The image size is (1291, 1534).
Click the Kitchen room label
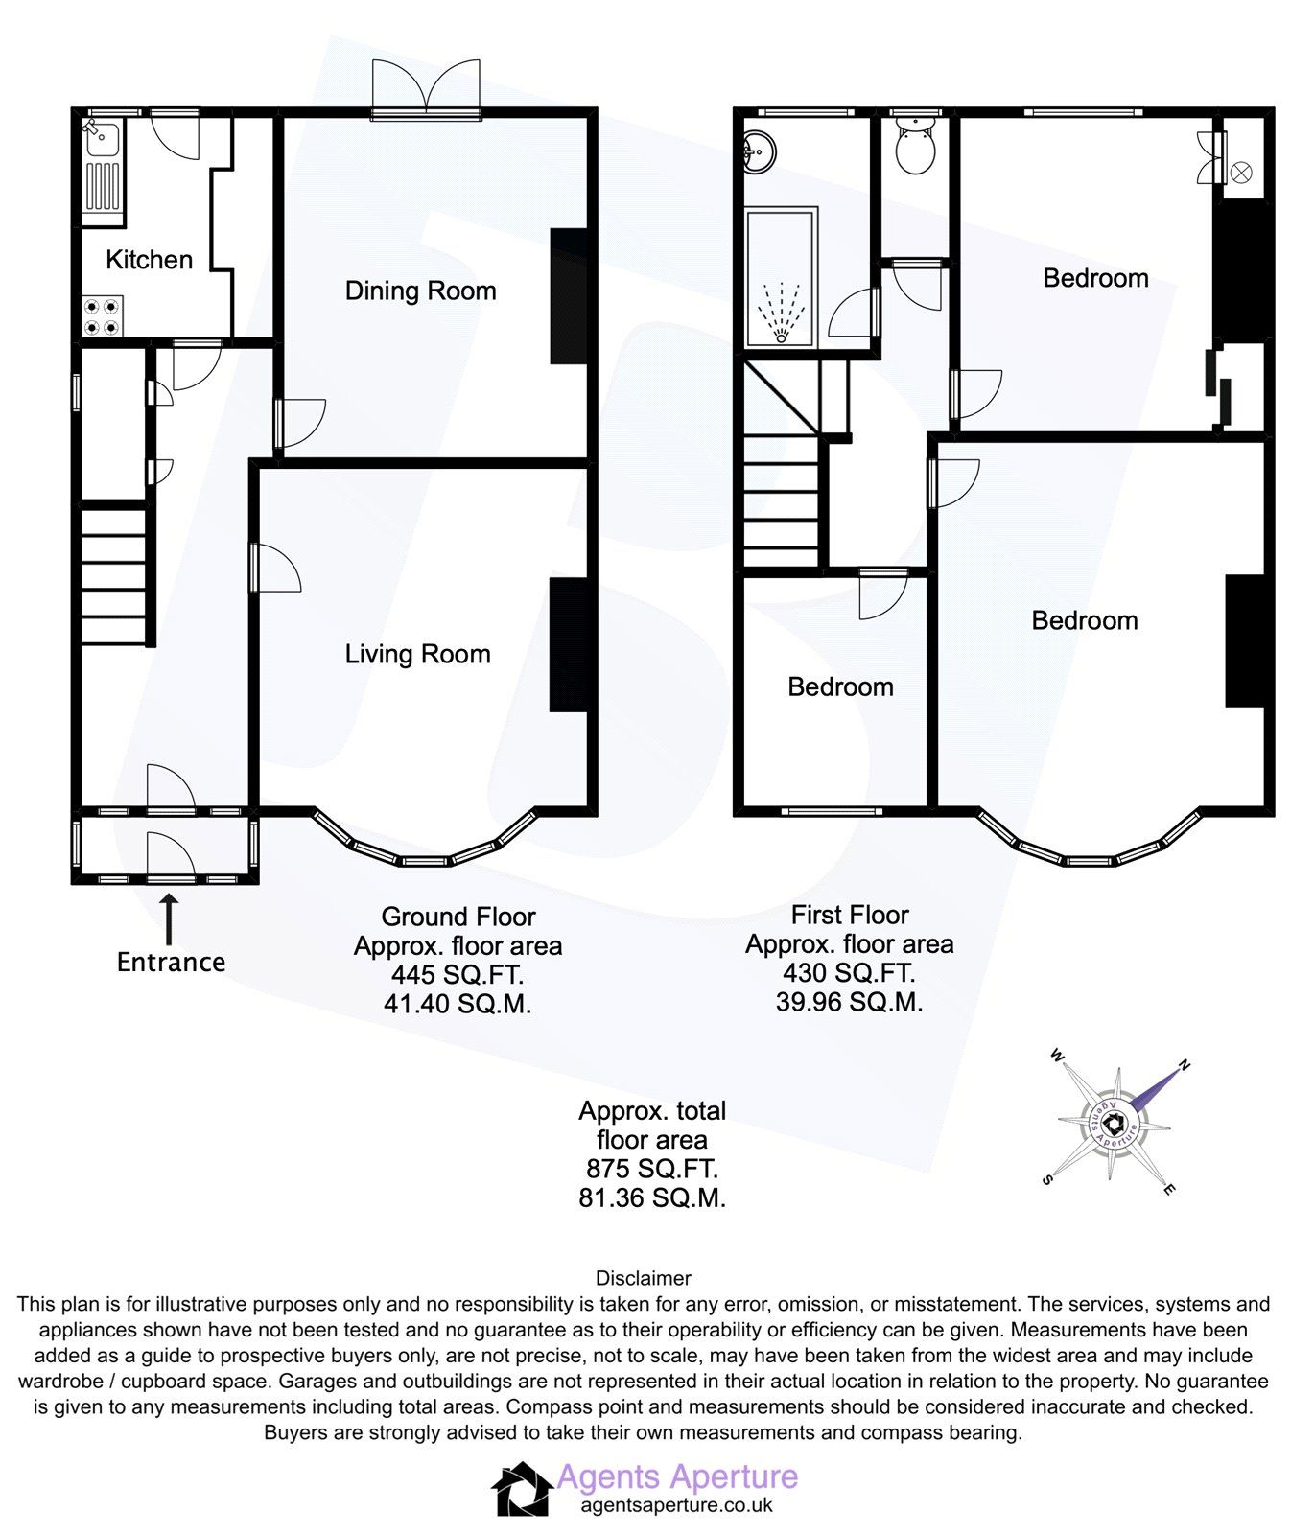coord(149,260)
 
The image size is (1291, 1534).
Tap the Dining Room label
coord(420,291)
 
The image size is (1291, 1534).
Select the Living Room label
coord(417,655)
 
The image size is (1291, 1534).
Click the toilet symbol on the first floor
coord(915,150)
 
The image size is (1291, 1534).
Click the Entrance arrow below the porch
coord(169,919)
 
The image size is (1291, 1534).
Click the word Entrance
coord(171,963)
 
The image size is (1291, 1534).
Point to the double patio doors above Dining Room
coord(426,89)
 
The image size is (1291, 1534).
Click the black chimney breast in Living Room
coord(568,644)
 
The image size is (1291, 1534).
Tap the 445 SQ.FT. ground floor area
coord(458,975)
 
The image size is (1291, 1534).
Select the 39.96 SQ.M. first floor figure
coord(849,1002)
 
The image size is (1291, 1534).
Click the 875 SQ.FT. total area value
coord(651,1169)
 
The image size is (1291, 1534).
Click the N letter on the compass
coord(1185,1064)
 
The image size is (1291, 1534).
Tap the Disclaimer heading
coord(643,1278)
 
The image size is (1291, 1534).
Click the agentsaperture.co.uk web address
coord(676,1504)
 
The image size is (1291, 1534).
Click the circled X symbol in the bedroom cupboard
coord(1240,173)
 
